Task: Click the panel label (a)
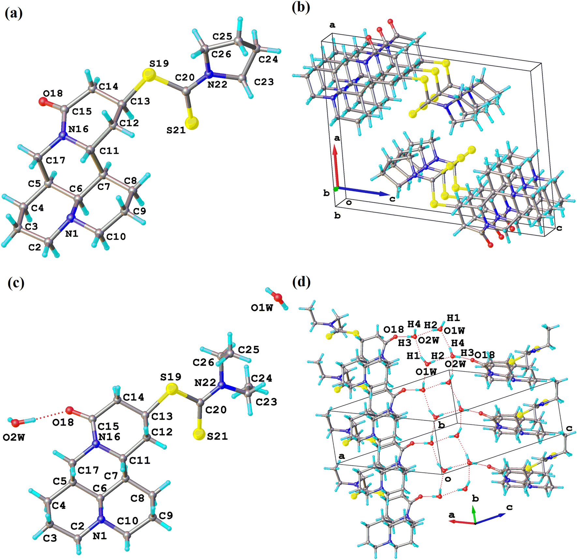[13, 13]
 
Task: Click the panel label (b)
[300, 7]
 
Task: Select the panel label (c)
[16, 283]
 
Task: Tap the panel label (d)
[301, 282]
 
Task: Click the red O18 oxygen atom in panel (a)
[43, 102]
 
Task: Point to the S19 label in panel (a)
[159, 63]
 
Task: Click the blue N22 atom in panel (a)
[208, 74]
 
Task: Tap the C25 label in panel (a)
[222, 37]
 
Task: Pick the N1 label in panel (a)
[72, 233]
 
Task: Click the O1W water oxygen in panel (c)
[278, 297]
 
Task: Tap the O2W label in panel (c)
[14, 437]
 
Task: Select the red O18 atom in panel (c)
[69, 410]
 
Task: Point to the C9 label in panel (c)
[166, 515]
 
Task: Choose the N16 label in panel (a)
[78, 129]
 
